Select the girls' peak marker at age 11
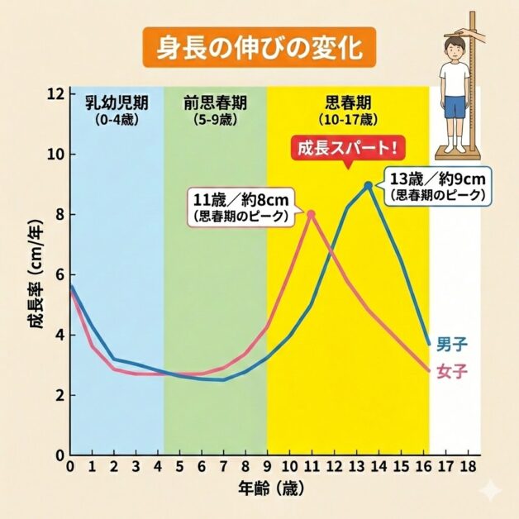[x=311, y=214]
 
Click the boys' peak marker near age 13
[x=369, y=185]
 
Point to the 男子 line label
[x=450, y=343]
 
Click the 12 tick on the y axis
[x=55, y=94]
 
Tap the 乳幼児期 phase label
[x=117, y=103]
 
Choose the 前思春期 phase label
[x=215, y=103]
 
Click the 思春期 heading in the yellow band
[x=348, y=103]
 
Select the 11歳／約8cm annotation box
[x=240, y=207]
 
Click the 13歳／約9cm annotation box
[x=438, y=186]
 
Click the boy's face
[x=454, y=47]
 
